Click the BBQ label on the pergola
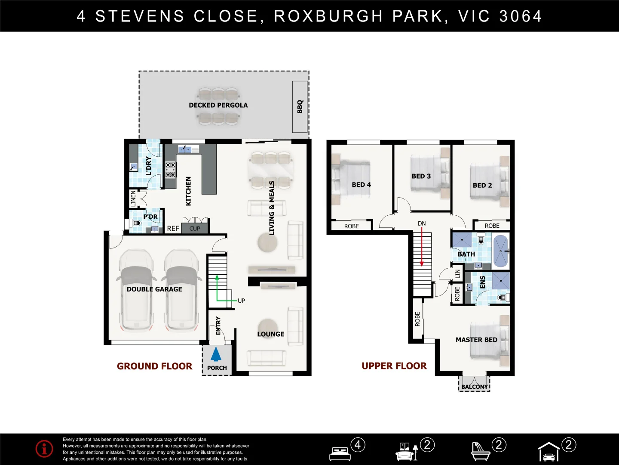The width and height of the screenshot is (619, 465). point(300,106)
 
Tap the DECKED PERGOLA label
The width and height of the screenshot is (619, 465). point(218,105)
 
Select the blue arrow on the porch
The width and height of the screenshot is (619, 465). point(216,354)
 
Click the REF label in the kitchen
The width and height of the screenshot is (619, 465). point(173,229)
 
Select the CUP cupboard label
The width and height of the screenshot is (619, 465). point(195,229)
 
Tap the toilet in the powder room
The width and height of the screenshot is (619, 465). point(136,223)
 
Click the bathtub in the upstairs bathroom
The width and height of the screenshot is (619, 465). point(500,251)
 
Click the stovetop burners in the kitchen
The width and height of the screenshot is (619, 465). point(170,170)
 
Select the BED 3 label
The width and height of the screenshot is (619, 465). point(421,176)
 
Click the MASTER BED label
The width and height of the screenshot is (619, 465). point(476,340)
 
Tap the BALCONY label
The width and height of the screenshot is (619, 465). point(475,387)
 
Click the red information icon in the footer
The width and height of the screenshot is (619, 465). point(44,449)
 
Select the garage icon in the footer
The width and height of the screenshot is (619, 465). point(549,452)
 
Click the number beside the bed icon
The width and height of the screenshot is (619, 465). point(358,444)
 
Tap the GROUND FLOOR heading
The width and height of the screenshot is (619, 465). point(154,366)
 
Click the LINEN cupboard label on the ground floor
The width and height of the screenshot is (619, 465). point(133,198)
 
